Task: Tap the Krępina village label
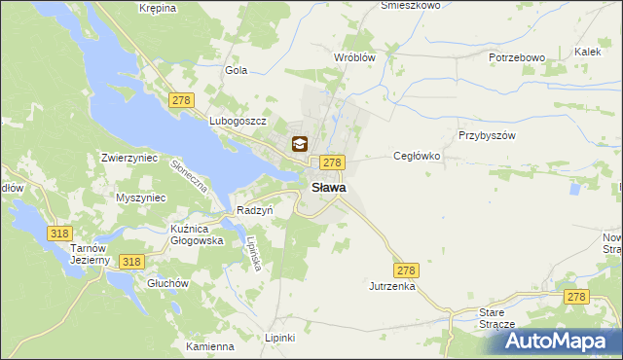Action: [x=157, y=8]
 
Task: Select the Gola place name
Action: [x=237, y=70]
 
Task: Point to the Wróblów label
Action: [x=354, y=57]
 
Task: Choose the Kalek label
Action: [x=587, y=52]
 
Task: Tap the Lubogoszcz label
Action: [x=238, y=121]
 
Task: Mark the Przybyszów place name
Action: [x=486, y=136]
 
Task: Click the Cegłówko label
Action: [x=418, y=156]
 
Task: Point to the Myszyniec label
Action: [x=142, y=198]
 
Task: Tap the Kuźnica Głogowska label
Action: [x=197, y=234]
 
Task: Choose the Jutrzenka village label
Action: [x=392, y=287]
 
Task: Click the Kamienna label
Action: [x=210, y=346]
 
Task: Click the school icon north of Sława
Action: [x=299, y=145]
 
